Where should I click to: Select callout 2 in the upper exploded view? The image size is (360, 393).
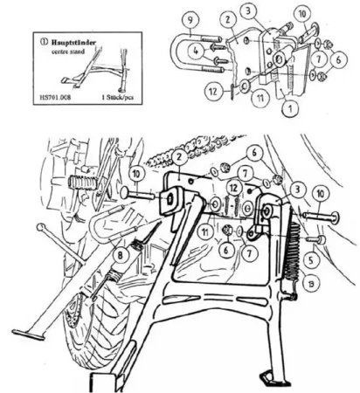coord(225,17)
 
